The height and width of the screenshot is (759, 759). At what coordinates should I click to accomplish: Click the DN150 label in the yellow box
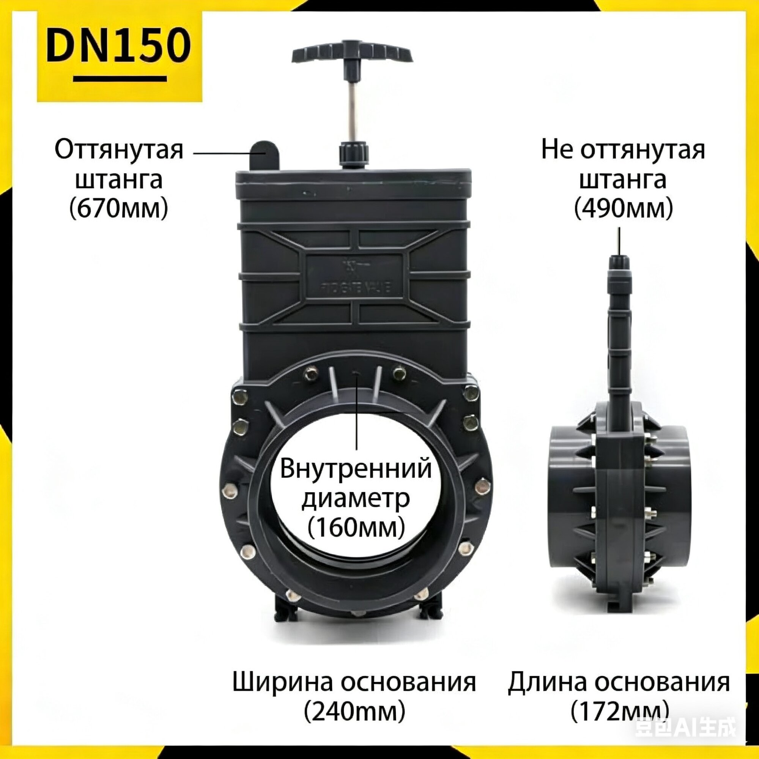click(119, 46)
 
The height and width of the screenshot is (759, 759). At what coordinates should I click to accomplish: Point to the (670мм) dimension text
click(119, 209)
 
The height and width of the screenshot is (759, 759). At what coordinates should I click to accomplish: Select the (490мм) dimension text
click(624, 209)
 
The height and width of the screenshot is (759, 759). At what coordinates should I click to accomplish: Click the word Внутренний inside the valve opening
click(356, 469)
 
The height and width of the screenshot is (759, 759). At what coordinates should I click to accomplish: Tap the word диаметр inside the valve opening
click(356, 499)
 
